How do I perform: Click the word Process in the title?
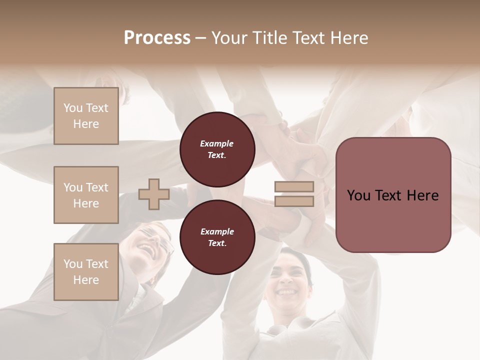point(157,38)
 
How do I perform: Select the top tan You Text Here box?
point(86,116)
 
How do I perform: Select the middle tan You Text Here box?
point(86,195)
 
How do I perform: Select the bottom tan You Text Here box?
point(86,272)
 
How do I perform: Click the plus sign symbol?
point(154,194)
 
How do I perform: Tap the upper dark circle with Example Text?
point(217,149)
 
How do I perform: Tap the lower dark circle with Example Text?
point(217,237)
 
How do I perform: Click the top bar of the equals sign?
point(294,187)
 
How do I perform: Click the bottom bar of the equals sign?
point(294,201)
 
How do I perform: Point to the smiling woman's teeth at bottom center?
point(286,291)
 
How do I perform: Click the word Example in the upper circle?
point(217,143)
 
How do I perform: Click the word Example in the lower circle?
point(217,231)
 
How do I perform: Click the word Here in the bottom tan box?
point(86,280)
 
